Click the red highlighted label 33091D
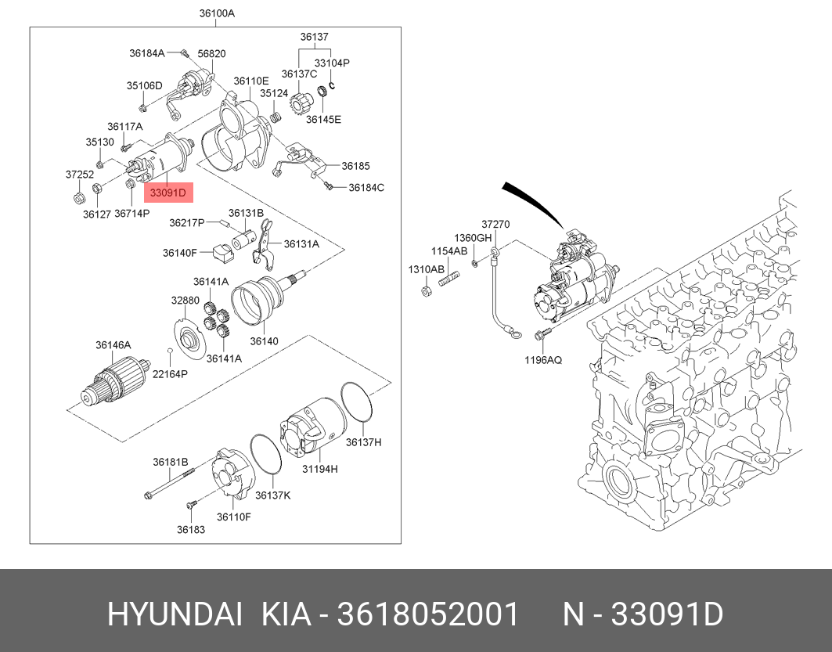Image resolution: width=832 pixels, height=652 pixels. (x=168, y=193)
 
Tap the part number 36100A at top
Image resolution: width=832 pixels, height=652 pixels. (x=217, y=14)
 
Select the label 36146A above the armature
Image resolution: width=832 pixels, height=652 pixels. (x=113, y=345)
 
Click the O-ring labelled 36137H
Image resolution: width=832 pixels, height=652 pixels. (x=356, y=402)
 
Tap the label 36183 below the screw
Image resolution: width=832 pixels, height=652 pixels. (x=191, y=529)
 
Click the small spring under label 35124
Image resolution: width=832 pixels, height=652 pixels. (x=276, y=116)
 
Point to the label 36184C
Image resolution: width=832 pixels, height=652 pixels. (x=366, y=187)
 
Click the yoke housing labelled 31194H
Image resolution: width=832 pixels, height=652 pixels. (x=311, y=426)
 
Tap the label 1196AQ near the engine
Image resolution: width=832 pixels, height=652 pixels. (x=543, y=360)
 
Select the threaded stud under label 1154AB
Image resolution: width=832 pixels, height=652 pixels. (x=449, y=278)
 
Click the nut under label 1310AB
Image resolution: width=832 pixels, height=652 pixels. (x=426, y=290)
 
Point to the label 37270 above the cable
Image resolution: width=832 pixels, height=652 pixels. (x=495, y=225)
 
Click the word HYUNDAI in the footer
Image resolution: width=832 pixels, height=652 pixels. (x=175, y=615)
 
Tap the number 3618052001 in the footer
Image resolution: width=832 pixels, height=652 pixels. (x=427, y=615)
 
